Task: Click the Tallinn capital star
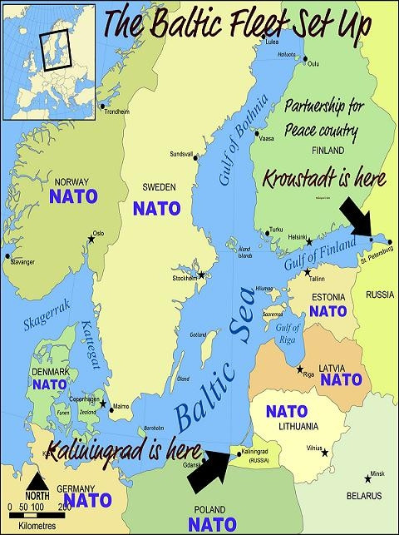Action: click(x=308, y=272)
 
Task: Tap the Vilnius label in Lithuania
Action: click(x=313, y=446)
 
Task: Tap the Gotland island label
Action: click(x=198, y=334)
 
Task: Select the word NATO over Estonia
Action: click(x=327, y=311)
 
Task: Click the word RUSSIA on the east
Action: click(x=380, y=294)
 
